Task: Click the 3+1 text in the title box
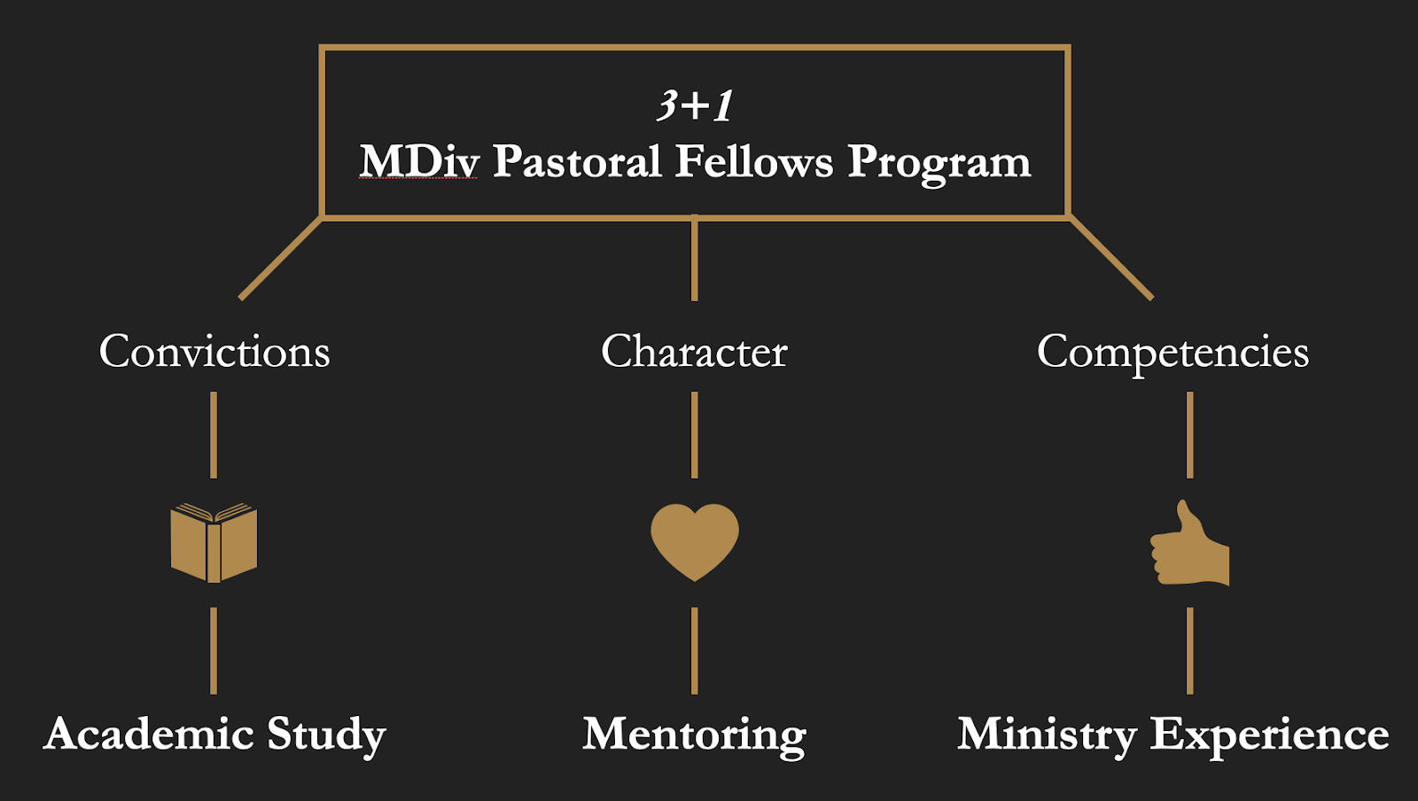(695, 105)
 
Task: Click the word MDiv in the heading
(419, 162)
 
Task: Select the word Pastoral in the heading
(577, 162)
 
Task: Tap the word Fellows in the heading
(754, 162)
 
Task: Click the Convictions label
(214, 352)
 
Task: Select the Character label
(694, 352)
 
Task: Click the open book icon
(214, 543)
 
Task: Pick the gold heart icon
(694, 540)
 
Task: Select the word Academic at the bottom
(149, 734)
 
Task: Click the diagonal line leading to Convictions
(280, 258)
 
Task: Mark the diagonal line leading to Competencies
(1111, 258)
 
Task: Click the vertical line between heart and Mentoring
(694, 650)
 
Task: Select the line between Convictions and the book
(214, 435)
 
